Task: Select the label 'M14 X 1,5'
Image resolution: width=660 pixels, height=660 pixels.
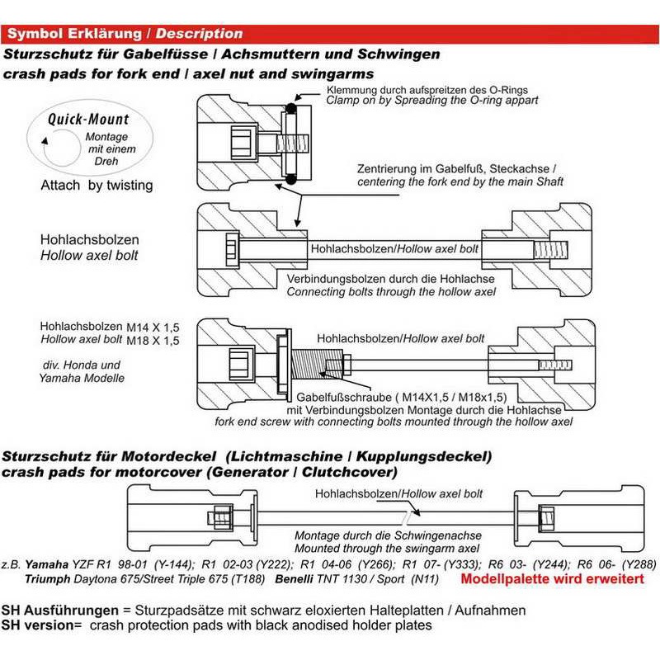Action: [x=154, y=328]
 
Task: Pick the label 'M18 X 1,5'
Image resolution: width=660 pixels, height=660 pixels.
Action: [x=154, y=340]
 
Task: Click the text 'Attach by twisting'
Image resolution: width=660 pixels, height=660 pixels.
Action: [x=97, y=186]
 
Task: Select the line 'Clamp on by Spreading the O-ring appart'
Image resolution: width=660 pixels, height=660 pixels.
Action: [x=432, y=100]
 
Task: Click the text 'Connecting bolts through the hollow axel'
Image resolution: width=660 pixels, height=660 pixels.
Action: [x=391, y=291]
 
